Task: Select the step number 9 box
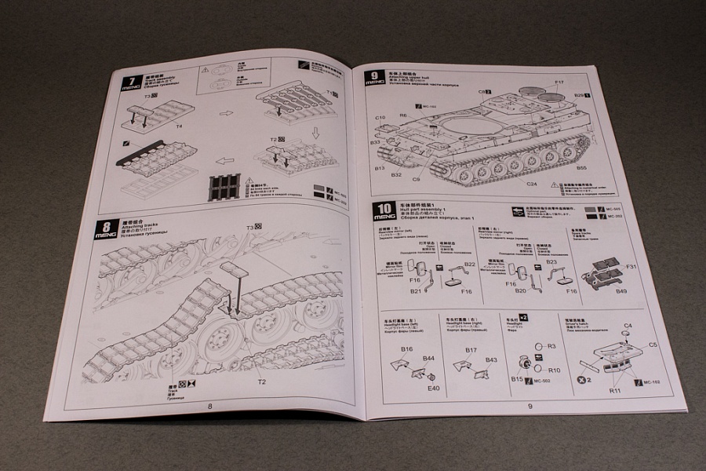coord(375,77)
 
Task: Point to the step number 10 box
coord(383,210)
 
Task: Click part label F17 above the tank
coord(559,82)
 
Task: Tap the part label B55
coord(581,168)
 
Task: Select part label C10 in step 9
coord(380,118)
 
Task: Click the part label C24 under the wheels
coord(531,184)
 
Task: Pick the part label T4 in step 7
coord(179,125)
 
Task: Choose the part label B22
coord(469,265)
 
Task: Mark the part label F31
coord(629,268)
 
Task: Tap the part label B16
coord(406,349)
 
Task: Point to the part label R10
coord(554,371)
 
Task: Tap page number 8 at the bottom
coord(209,405)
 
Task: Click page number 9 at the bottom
coord(531,406)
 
